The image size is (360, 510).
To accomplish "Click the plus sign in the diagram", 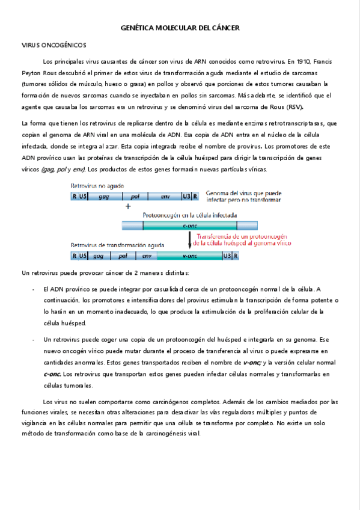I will click(127, 206).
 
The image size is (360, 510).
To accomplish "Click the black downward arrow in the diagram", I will click(190, 239).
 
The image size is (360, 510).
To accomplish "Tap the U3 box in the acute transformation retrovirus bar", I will click(226, 256).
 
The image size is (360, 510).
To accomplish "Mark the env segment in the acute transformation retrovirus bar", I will click(146, 256).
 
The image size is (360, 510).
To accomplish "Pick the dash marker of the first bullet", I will click(32, 289).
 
